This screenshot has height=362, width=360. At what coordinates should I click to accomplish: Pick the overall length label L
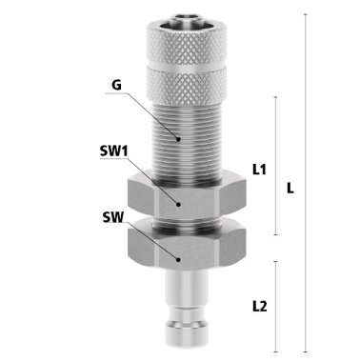coord(290,189)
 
